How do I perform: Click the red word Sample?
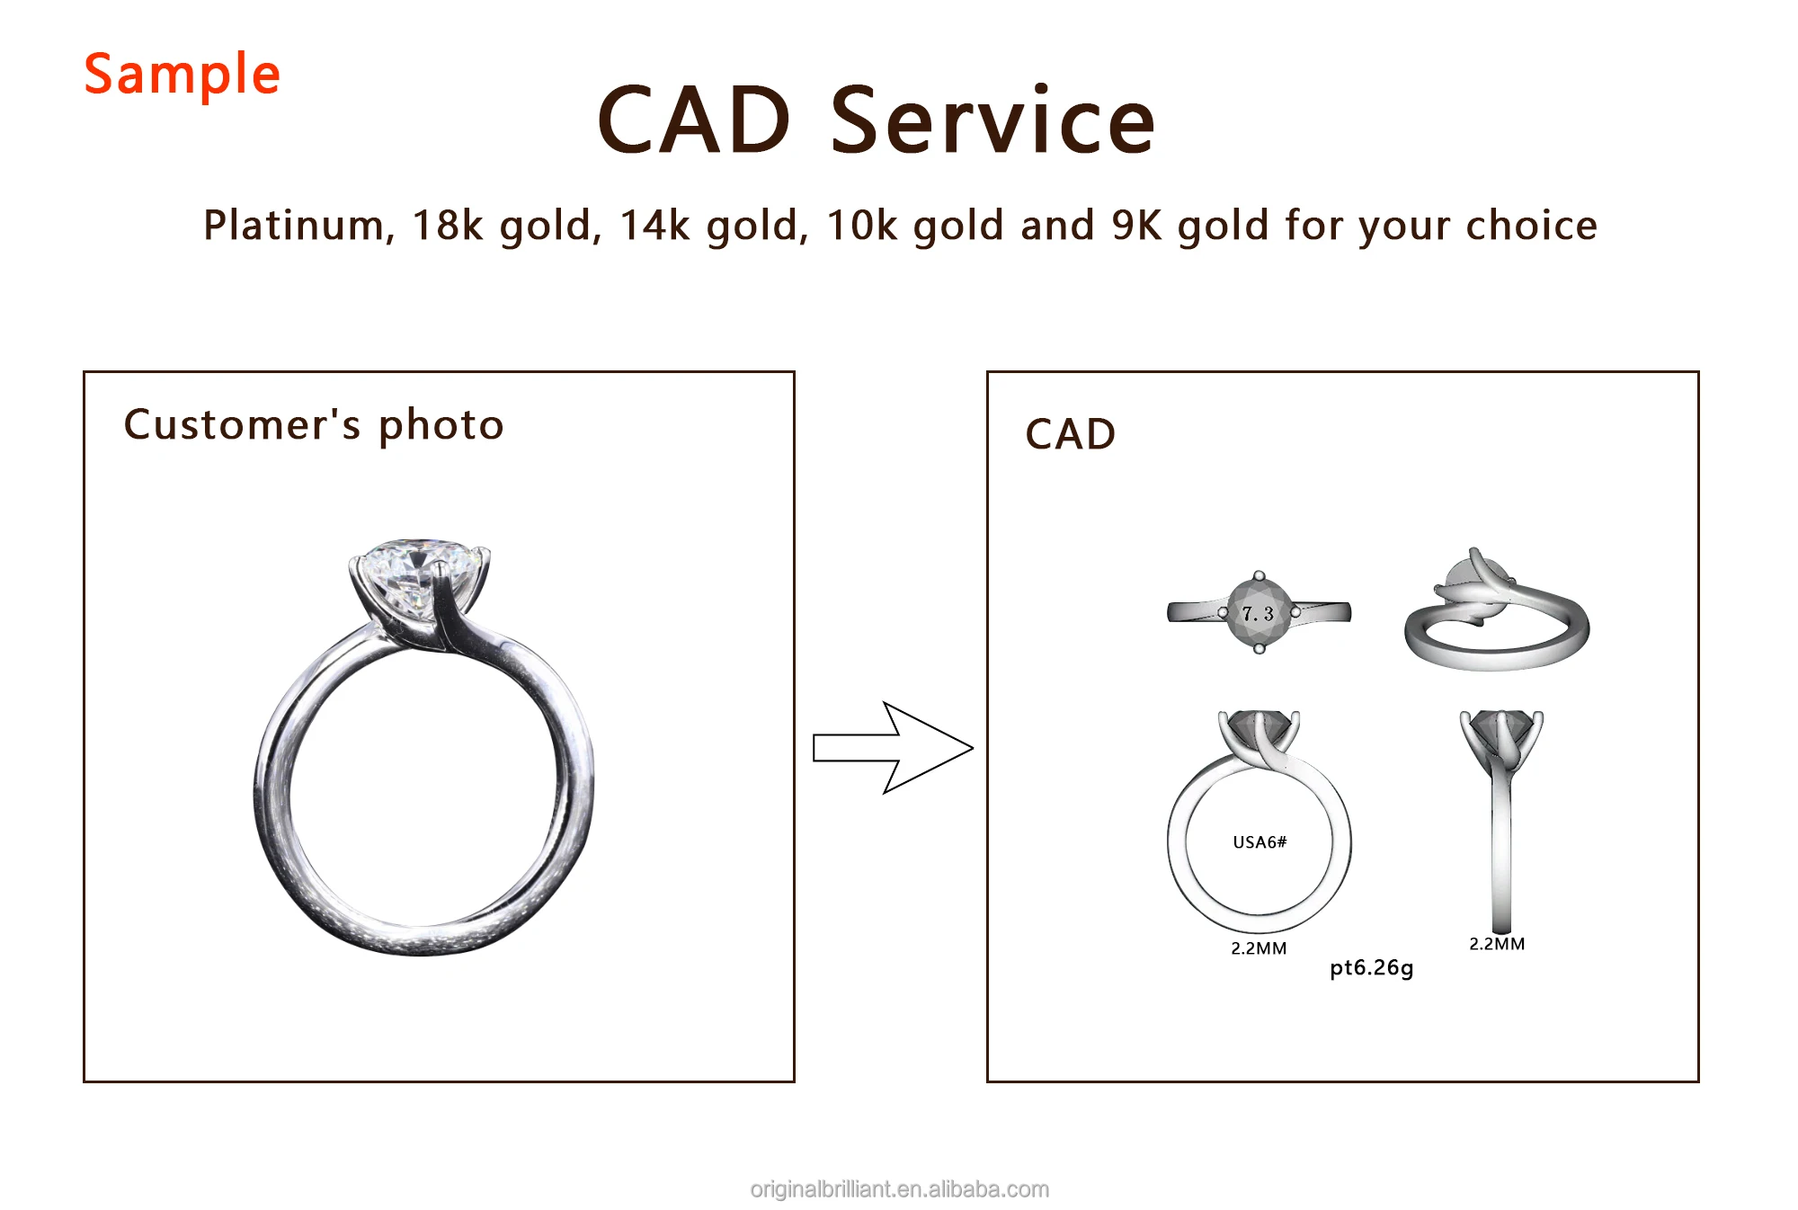pos(182,75)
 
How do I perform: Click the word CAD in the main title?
pos(694,120)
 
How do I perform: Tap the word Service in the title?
pos(992,120)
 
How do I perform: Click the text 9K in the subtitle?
pos(1137,226)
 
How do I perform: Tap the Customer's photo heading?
pos(314,425)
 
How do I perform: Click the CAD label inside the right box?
pos(1071,434)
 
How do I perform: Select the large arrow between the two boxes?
pos(893,748)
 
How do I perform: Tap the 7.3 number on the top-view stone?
pos(1259,614)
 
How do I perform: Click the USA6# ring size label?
pos(1259,842)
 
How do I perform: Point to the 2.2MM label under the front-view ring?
pos(1259,948)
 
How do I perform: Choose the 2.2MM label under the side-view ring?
pos(1497,944)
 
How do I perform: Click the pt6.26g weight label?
pos(1372,968)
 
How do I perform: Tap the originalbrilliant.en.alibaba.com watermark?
pos(900,1189)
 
